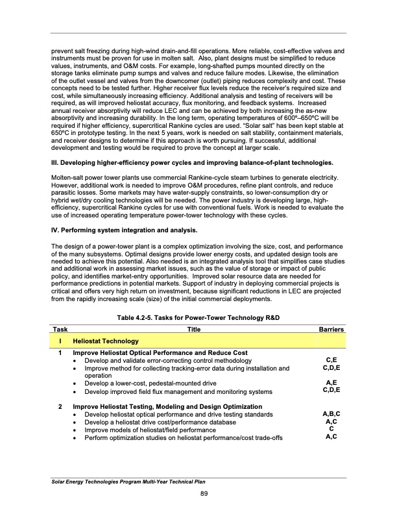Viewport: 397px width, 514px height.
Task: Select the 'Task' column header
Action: (60, 330)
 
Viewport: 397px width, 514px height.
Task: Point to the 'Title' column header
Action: (194, 330)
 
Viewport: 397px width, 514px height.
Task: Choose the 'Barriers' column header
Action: (331, 330)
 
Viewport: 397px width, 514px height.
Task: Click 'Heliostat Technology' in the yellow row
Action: (105, 341)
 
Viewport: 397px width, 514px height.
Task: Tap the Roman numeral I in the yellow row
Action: (59, 341)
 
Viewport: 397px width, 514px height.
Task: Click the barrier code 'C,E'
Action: (331, 359)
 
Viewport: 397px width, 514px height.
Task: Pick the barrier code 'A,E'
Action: (331, 383)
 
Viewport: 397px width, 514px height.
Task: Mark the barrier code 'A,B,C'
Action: (331, 413)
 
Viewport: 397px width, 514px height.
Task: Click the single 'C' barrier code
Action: (331, 429)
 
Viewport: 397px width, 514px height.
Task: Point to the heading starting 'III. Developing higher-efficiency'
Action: (193, 162)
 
